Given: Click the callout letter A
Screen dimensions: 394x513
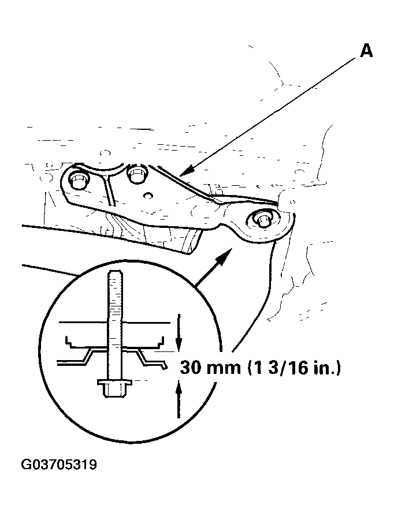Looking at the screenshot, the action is coord(366,51).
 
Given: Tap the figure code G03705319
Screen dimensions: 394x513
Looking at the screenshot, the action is coord(59,465).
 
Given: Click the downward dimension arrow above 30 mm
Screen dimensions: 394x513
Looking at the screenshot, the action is coord(179,332).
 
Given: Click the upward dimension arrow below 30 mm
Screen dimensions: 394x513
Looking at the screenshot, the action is coord(179,400).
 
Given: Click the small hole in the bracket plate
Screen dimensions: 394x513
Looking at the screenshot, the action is coord(148,195).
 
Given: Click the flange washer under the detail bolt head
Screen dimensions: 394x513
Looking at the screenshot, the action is coord(115,382).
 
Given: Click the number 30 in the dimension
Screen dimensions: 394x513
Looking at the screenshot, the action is coord(191,368).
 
